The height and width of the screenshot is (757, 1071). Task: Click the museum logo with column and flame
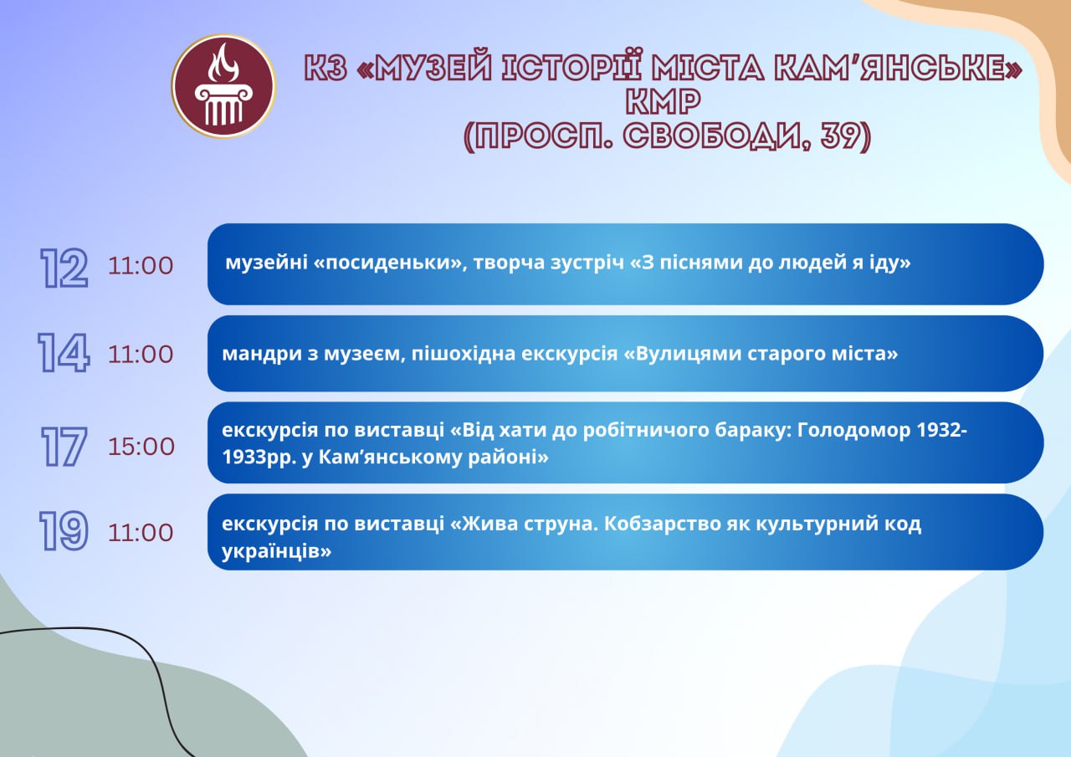click(x=223, y=86)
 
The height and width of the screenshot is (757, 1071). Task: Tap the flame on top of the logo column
click(x=223, y=63)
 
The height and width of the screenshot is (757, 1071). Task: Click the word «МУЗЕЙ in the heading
click(x=424, y=68)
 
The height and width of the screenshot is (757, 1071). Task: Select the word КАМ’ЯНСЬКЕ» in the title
click(x=898, y=68)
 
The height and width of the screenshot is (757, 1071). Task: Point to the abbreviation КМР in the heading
click(x=664, y=101)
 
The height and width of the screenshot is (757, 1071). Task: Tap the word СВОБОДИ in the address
click(x=716, y=136)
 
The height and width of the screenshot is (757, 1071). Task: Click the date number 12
click(x=64, y=269)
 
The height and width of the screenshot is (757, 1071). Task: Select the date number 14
click(x=64, y=353)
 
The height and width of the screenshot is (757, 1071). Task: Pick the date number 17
click(x=64, y=447)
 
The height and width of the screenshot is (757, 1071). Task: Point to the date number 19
click(x=64, y=531)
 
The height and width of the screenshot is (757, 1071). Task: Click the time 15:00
click(x=141, y=447)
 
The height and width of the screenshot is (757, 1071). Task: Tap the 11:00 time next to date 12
click(x=141, y=266)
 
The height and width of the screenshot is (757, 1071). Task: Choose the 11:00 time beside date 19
click(x=141, y=533)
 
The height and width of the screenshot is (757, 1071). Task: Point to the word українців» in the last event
click(x=276, y=551)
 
